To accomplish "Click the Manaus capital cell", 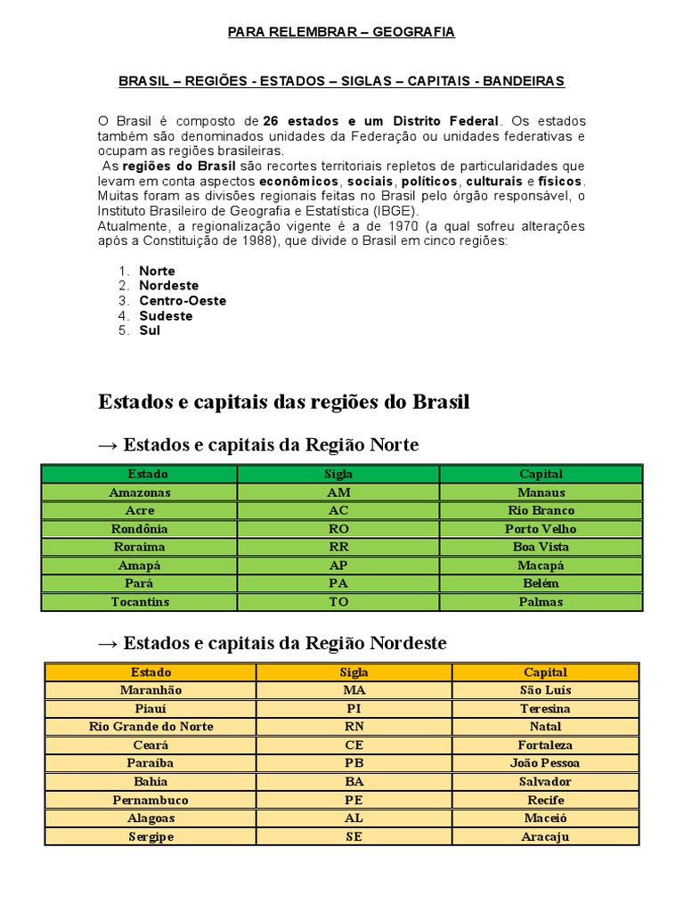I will tap(541, 493).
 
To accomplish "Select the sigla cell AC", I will tap(338, 510).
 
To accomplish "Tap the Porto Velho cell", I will tap(541, 529).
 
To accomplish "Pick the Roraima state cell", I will tap(139, 547).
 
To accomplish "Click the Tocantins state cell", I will tap(139, 602).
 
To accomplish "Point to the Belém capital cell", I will tap(541, 583).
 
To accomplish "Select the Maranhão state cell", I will tap(151, 690).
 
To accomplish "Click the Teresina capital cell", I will tap(545, 709).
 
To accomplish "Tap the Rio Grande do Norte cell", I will tap(151, 727).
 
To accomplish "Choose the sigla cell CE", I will tap(354, 745).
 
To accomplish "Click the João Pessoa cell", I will tap(545, 763).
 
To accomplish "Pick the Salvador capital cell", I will tap(545, 782).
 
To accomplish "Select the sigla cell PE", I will tap(354, 800).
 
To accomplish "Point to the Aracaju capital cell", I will tap(545, 837).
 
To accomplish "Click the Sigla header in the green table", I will tap(338, 474).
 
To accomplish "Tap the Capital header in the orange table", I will tap(545, 672).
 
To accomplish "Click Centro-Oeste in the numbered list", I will tap(183, 301).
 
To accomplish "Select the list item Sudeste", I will tap(166, 316).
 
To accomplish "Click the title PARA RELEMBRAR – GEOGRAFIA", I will tap(341, 32).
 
